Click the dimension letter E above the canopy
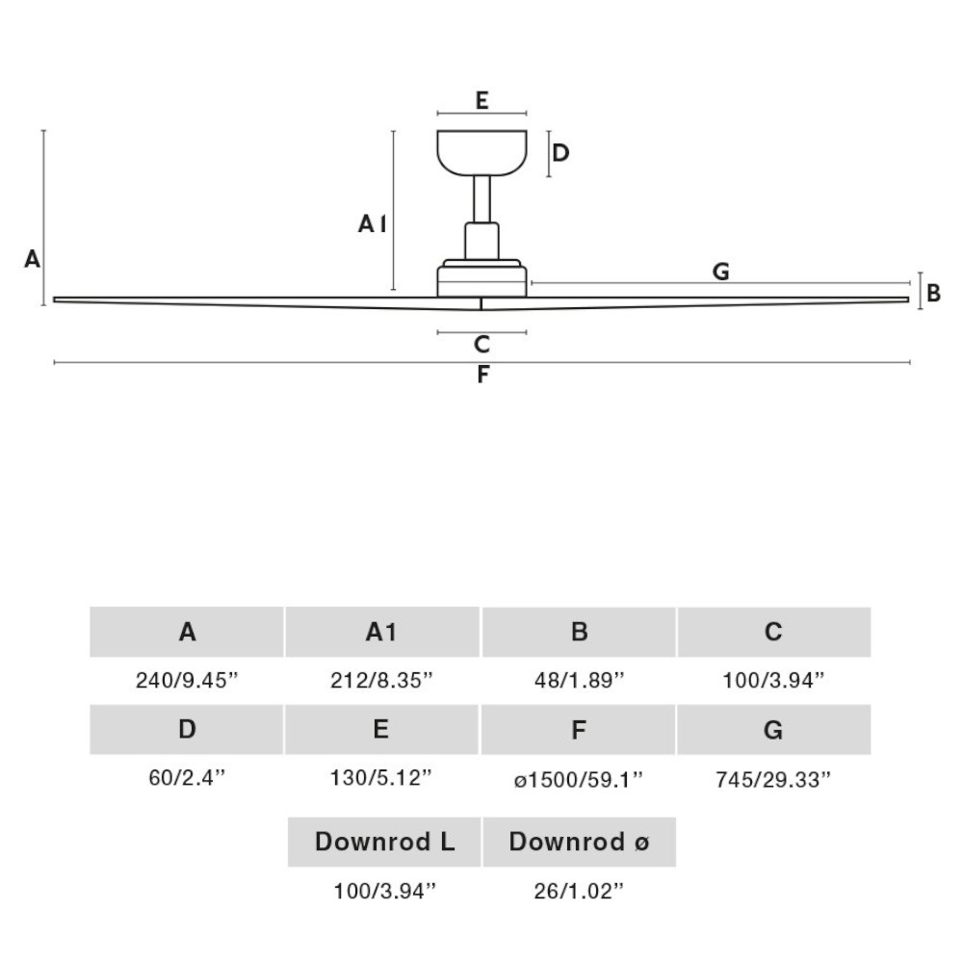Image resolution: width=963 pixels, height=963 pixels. (482, 100)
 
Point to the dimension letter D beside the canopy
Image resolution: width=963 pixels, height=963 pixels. (560, 153)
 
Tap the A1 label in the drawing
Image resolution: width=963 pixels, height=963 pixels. (372, 224)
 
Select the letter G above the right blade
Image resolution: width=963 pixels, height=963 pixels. (721, 272)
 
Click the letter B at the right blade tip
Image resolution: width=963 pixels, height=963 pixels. (933, 294)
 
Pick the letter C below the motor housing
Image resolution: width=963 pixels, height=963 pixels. (482, 345)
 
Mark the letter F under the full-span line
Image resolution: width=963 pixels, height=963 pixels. (483, 375)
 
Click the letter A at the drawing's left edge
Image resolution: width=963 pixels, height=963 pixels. (33, 259)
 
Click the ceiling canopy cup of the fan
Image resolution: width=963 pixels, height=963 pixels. (482, 152)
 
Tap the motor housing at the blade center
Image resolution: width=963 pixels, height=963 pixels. (482, 279)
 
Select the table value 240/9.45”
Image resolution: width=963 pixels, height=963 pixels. (187, 681)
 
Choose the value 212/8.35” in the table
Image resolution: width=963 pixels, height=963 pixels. (381, 681)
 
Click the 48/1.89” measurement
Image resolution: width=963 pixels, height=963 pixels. (579, 681)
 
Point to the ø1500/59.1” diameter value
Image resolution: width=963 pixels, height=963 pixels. (579, 780)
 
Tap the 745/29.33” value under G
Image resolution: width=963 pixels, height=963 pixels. (773, 780)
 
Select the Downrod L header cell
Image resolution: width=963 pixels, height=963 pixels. (384, 842)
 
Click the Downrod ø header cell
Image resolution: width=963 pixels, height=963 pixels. (579, 842)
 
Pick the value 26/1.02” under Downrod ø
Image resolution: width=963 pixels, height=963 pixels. (579, 891)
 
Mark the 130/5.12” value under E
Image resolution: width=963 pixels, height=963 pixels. (381, 778)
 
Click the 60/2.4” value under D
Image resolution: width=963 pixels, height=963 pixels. (188, 778)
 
